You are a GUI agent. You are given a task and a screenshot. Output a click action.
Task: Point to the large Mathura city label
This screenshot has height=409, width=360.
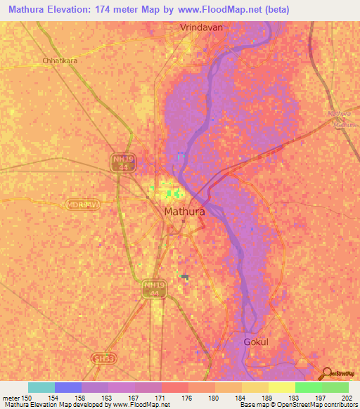(x=184, y=211)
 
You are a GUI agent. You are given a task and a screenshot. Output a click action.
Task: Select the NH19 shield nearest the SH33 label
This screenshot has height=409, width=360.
(x=153, y=289)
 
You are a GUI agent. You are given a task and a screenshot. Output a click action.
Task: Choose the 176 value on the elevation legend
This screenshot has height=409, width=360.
(x=186, y=398)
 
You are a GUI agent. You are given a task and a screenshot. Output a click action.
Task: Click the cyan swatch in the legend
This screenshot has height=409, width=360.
(x=41, y=387)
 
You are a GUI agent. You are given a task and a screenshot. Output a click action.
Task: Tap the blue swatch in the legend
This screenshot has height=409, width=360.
(x=68, y=387)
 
